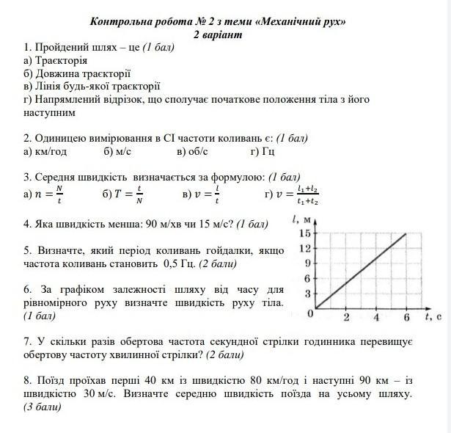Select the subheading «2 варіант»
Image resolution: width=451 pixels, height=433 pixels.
point(217,34)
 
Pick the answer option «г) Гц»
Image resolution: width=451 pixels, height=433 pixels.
point(262,151)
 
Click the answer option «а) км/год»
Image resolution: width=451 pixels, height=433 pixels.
point(45,151)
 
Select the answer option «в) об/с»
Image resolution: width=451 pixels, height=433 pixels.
point(192,151)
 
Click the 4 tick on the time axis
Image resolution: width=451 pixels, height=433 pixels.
point(376,318)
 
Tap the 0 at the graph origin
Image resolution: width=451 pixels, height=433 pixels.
point(310,313)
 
